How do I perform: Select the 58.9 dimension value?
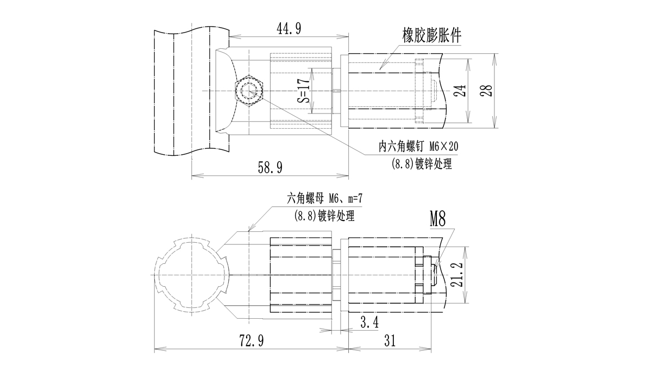click(269, 167)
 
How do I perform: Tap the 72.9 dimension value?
click(251, 341)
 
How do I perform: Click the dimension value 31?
click(390, 341)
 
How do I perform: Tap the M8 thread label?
click(437, 220)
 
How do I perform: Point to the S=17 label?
click(304, 90)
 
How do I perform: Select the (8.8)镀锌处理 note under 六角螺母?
click(324, 216)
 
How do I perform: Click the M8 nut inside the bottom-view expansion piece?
click(428, 275)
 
